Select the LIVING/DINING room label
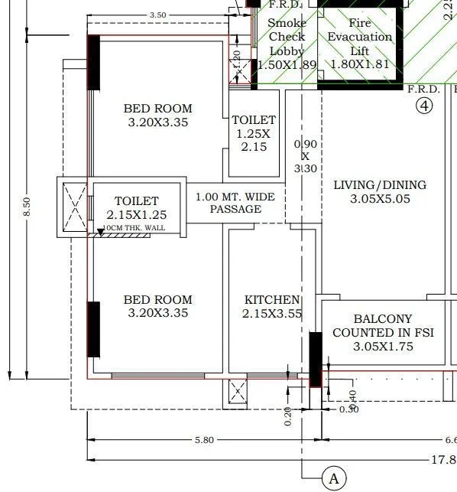[380, 192]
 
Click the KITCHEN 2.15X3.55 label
[272, 306]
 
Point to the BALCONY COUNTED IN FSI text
[383, 333]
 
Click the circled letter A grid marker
[333, 479]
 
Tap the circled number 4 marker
[424, 106]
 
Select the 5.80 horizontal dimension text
[204, 440]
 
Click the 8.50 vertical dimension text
[27, 207]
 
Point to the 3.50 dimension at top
[158, 15]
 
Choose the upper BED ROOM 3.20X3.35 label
[158, 115]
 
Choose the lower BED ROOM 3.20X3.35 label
[158, 306]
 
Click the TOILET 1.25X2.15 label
[254, 133]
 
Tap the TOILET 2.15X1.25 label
[137, 208]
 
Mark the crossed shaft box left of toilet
[73, 206]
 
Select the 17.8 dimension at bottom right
[443, 459]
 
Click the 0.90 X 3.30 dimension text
[305, 156]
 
